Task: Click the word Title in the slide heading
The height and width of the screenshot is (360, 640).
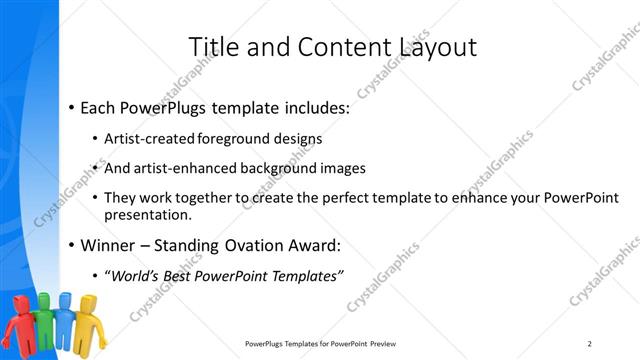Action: pyautogui.click(x=213, y=47)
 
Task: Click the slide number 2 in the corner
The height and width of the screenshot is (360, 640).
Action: pyautogui.click(x=590, y=344)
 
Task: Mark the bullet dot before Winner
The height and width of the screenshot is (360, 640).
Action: pyautogui.click(x=71, y=244)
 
